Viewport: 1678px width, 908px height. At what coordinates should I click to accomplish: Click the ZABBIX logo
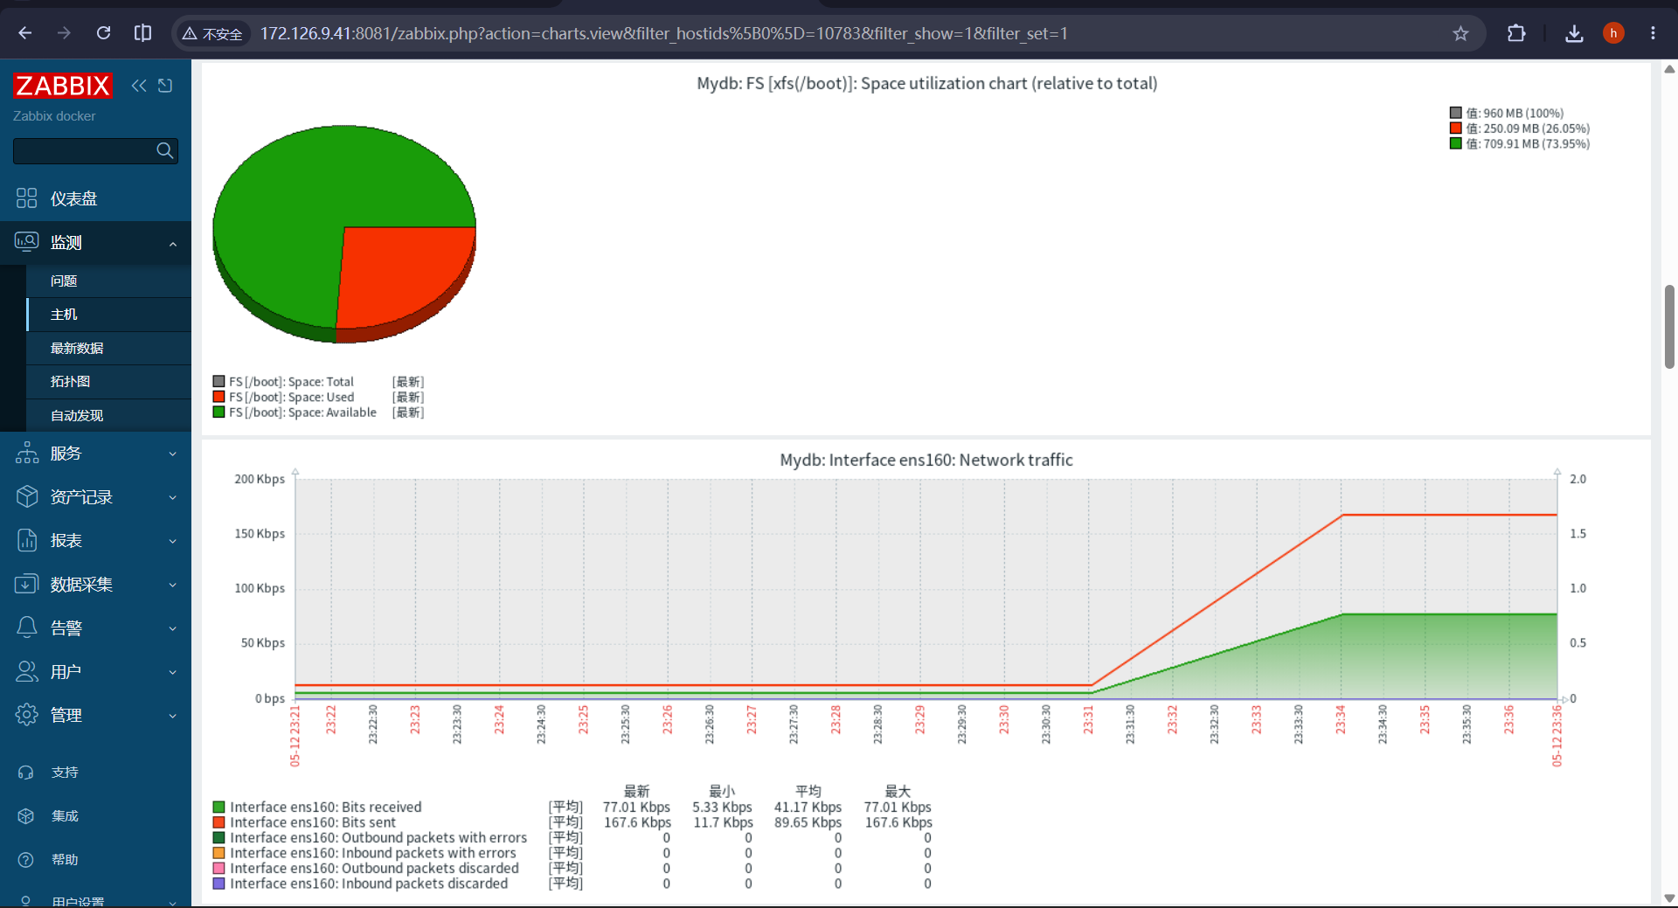tap(63, 86)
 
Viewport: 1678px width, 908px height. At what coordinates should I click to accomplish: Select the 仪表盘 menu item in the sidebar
tap(73, 198)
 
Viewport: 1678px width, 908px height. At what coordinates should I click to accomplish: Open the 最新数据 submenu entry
tap(77, 348)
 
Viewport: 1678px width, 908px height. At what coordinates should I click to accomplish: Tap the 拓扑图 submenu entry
tap(70, 382)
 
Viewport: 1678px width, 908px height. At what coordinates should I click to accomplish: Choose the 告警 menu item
tap(66, 627)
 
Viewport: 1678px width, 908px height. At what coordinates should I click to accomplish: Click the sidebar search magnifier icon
tap(164, 150)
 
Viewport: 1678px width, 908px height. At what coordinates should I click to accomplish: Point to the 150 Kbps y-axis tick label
tap(260, 533)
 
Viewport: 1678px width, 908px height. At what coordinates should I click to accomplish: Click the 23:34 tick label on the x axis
tap(1341, 720)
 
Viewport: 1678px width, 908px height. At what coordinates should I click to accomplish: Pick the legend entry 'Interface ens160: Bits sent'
tap(313, 822)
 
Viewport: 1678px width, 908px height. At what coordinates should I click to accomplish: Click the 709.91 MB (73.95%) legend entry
tap(1528, 144)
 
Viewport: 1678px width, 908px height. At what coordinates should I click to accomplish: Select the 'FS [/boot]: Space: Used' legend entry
tap(291, 397)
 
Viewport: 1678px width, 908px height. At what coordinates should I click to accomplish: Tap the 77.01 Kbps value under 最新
tap(636, 807)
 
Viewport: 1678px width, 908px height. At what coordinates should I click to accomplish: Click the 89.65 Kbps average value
tap(808, 822)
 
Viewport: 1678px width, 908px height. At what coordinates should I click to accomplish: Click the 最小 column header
tap(722, 791)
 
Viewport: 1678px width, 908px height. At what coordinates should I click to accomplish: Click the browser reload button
tap(103, 33)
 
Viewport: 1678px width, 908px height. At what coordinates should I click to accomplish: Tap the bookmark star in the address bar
tap(1460, 33)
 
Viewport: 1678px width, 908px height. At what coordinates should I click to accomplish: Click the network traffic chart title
tap(926, 460)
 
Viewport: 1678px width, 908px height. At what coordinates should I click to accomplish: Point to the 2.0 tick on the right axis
tap(1577, 479)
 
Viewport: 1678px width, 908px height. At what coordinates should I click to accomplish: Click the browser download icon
tap(1574, 33)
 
